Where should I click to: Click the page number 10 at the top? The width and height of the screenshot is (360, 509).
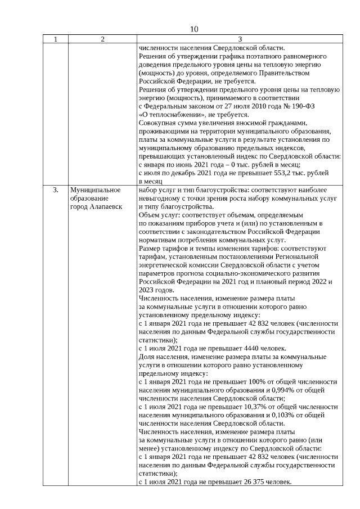tap(194, 29)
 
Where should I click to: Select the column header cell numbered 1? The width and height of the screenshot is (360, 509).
tap(55, 39)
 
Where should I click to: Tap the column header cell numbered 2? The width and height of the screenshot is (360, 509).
tap(102, 39)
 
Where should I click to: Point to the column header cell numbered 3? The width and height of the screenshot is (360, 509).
tap(240, 39)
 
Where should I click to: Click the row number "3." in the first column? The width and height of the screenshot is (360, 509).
tap(55, 190)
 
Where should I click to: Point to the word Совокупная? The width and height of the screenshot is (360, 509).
tap(158, 123)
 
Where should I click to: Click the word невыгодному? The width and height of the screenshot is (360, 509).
tap(162, 199)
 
